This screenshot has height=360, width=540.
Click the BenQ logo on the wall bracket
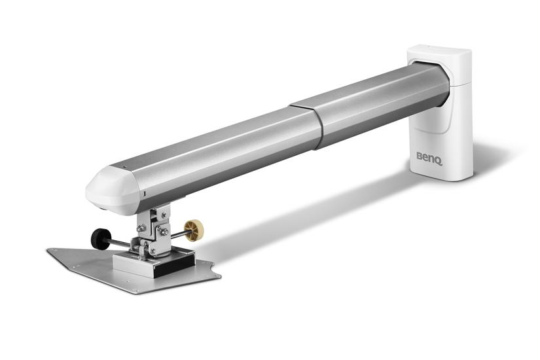pos(429,157)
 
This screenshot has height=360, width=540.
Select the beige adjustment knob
pos(193,229)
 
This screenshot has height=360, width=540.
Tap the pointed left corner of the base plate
pos(51,251)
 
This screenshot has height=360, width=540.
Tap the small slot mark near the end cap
pos(143,195)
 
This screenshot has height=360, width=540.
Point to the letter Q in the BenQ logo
pos(438,158)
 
